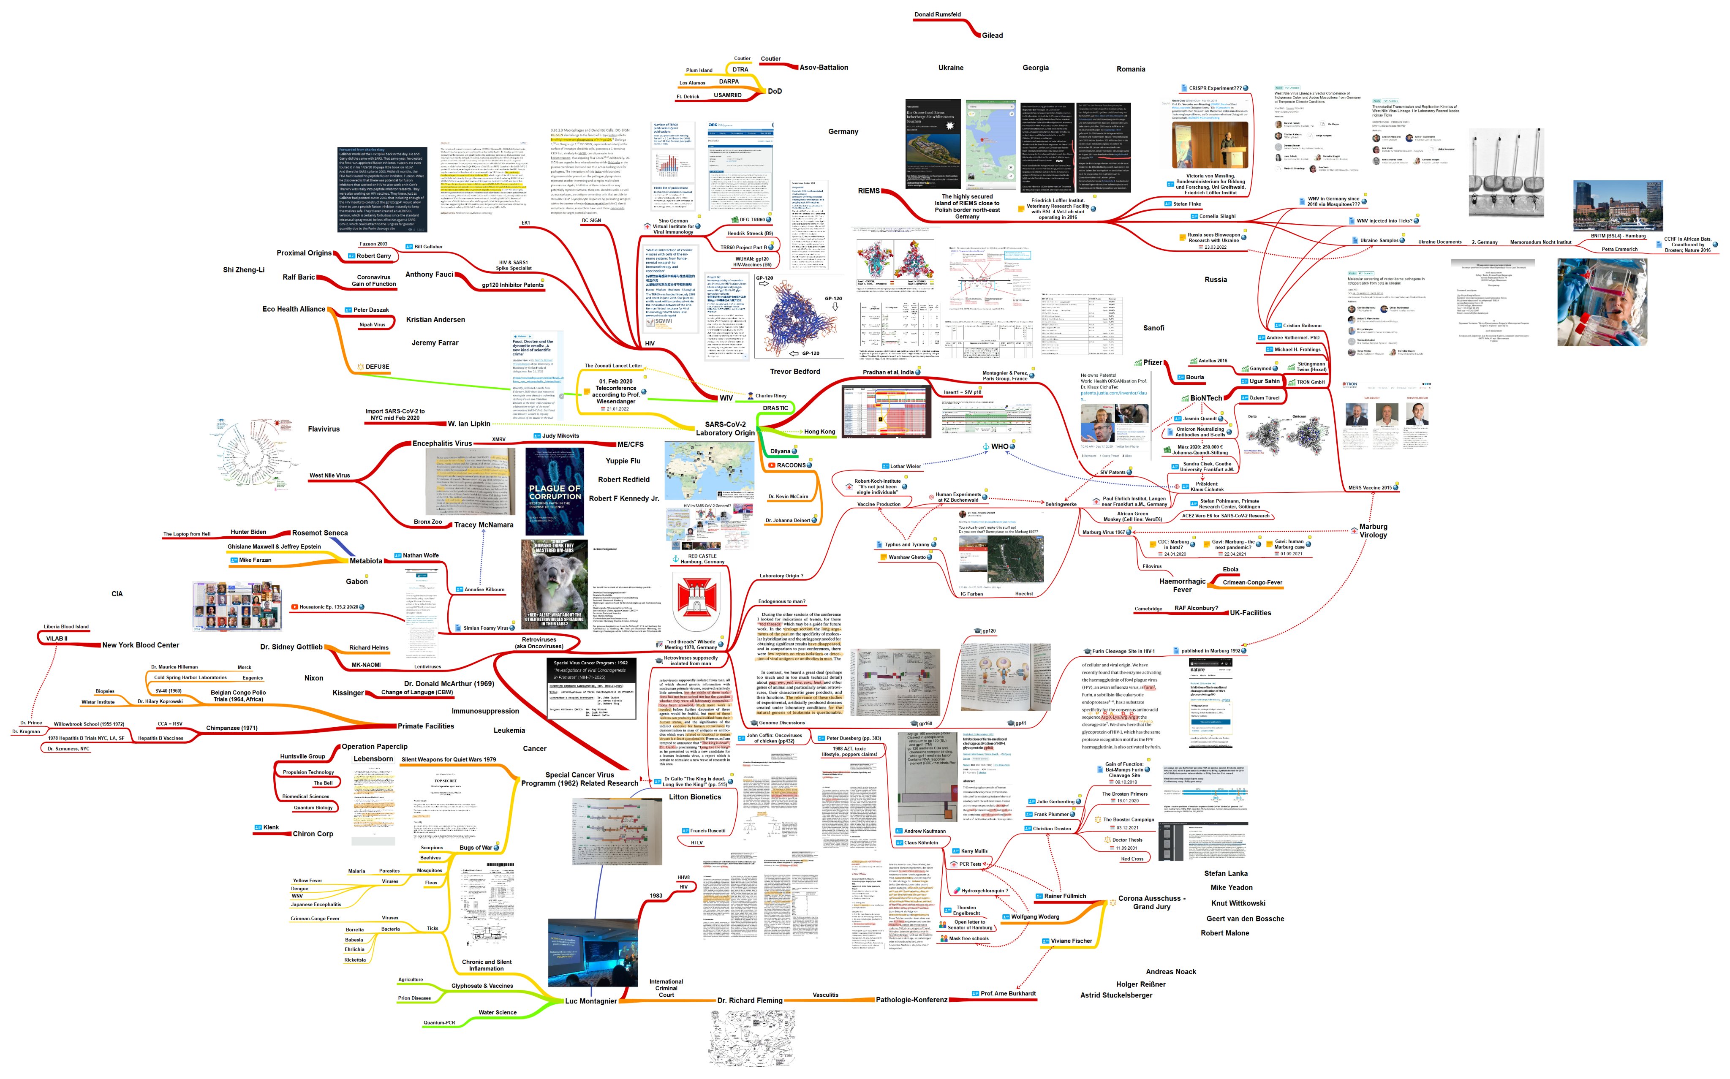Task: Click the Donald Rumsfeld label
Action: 937,14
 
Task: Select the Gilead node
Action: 992,35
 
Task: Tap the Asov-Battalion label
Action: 824,67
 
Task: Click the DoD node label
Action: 774,91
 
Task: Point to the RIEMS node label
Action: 868,190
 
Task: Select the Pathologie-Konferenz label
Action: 911,999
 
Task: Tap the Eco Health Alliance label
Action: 293,309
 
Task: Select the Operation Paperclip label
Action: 374,747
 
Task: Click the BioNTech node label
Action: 1205,398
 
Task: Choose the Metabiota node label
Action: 365,561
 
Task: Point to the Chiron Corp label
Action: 313,834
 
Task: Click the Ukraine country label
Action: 951,68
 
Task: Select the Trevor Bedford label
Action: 794,371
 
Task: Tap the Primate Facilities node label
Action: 425,726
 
